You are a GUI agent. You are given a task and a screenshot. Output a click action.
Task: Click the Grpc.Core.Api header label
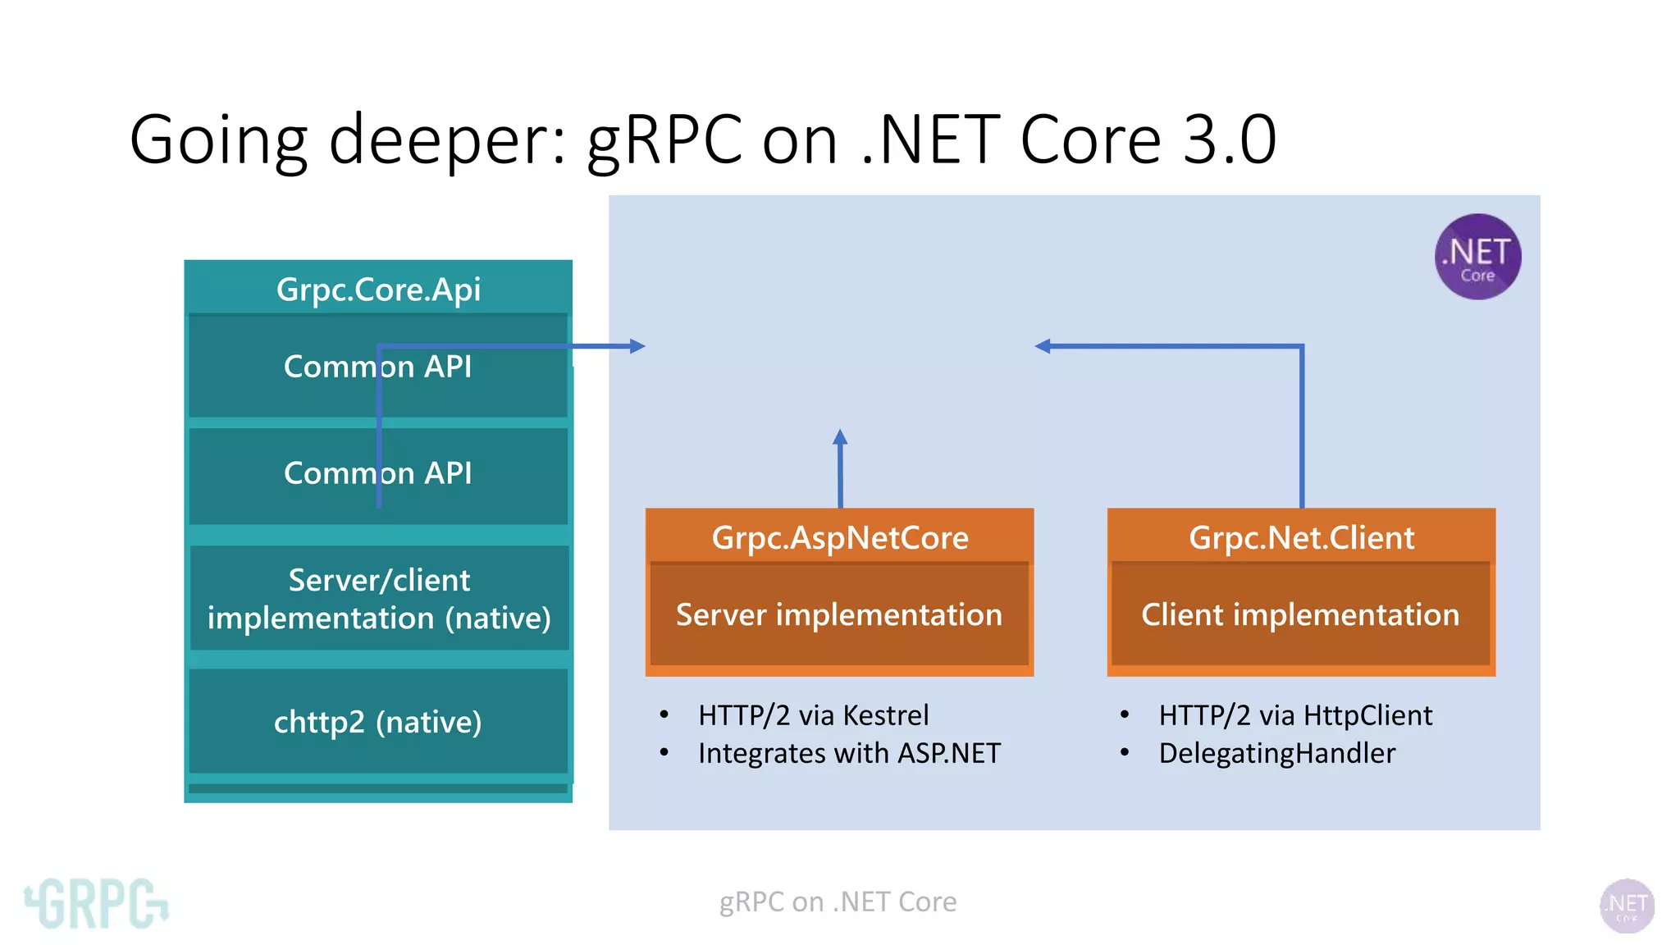coord(378,290)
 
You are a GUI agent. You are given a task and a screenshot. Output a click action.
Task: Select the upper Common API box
coord(378,367)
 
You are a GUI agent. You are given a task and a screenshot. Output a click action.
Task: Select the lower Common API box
coord(378,474)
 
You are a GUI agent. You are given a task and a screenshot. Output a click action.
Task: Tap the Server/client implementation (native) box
coord(379,599)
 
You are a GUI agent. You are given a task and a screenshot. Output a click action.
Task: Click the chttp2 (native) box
coord(378,722)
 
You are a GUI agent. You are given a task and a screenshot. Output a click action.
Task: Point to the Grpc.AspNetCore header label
coord(840,538)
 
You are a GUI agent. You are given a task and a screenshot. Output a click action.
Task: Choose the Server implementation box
coord(839,614)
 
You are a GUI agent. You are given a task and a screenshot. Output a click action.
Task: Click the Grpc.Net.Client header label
coord(1302,538)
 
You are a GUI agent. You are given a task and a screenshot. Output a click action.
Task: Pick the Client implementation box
coord(1301,614)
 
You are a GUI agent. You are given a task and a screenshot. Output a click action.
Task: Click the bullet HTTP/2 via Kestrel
coord(813,715)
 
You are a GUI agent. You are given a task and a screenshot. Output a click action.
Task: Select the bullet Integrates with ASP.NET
coord(849,753)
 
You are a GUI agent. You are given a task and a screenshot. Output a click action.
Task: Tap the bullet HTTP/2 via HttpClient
coord(1295,715)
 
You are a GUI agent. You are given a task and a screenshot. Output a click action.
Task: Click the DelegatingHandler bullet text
coord(1276,753)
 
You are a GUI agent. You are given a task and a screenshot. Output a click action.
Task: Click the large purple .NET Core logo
coord(1477,257)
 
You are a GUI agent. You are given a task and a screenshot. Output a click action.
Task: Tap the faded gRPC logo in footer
coord(97,903)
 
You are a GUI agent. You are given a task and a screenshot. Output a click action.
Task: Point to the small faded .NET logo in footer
coord(1627,906)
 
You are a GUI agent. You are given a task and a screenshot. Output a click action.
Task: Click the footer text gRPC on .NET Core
coord(838,902)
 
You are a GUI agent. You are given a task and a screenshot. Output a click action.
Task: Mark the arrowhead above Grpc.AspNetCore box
coord(840,437)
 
